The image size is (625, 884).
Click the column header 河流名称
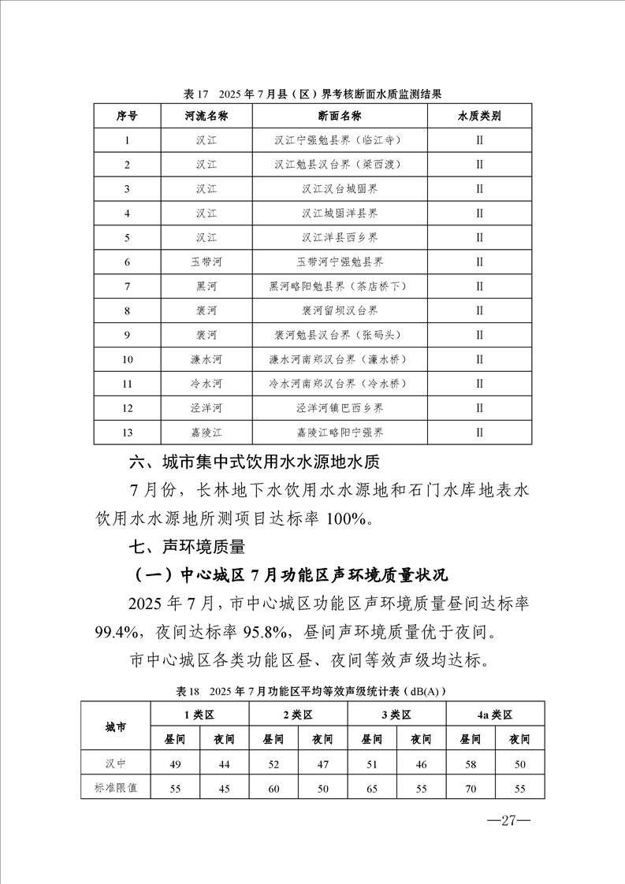pyautogui.click(x=206, y=117)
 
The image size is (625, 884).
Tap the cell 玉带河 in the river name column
pyautogui.click(x=206, y=262)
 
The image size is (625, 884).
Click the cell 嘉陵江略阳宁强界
pyautogui.click(x=340, y=433)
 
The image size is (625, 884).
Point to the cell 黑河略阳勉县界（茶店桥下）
pyautogui.click(x=340, y=287)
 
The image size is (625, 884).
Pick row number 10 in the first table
pyautogui.click(x=127, y=359)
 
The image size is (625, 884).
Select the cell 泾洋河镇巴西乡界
pyautogui.click(x=340, y=408)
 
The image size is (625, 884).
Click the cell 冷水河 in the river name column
pyautogui.click(x=206, y=384)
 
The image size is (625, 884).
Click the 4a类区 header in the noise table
pyautogui.click(x=494, y=715)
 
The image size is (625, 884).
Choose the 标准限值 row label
pyautogui.click(x=116, y=787)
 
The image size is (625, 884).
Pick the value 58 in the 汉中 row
pyautogui.click(x=470, y=764)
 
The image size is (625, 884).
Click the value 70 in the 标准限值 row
pyautogui.click(x=470, y=787)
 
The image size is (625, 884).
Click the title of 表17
pyautogui.click(x=312, y=94)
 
